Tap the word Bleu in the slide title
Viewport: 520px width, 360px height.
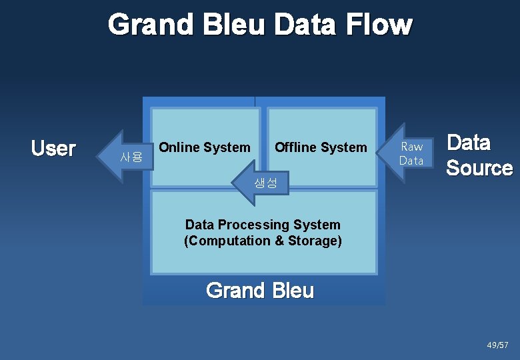click(x=232, y=25)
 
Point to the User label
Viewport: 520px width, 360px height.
click(x=53, y=148)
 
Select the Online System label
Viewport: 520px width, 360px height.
click(x=205, y=147)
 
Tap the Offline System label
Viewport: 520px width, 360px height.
click(x=321, y=147)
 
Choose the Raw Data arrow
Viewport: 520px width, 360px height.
click(x=407, y=153)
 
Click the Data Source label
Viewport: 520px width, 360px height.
click(x=479, y=155)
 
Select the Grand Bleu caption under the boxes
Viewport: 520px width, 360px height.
click(x=260, y=291)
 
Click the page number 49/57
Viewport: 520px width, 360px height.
click(x=497, y=345)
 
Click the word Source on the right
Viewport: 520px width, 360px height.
click(x=479, y=167)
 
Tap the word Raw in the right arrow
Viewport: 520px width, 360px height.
click(x=411, y=147)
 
